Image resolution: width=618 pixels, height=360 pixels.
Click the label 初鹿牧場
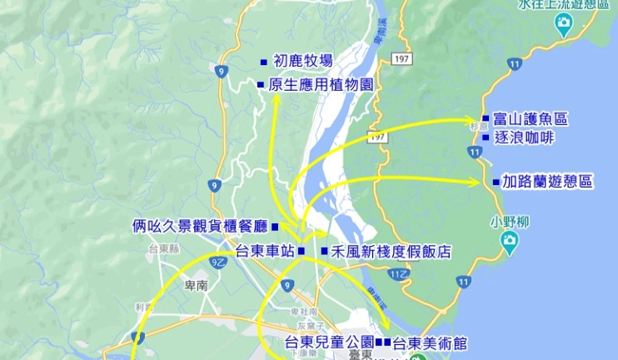coord(303,61)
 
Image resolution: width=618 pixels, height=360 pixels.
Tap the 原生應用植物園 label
coord(320,84)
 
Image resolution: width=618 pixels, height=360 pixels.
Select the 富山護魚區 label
coord(530,120)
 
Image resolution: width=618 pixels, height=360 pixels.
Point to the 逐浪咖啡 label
coord(524,137)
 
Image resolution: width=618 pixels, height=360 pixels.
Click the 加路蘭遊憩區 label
coord(547,182)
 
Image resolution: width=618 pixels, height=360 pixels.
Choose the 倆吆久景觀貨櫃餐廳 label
coord(200,226)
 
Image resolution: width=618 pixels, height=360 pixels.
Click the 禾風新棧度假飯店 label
coord(391,250)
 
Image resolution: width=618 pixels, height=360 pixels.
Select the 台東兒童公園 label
coord(328,342)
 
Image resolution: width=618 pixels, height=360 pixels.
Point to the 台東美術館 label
coord(430,342)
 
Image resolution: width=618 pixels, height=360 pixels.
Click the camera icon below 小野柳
coord(509,242)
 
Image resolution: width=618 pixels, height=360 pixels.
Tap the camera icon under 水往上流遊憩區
coord(564,26)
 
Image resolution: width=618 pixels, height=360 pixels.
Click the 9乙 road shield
coord(218,262)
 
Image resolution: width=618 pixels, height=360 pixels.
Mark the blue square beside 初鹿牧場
coord(263,62)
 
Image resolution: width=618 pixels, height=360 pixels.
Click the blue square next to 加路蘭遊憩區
coord(496,182)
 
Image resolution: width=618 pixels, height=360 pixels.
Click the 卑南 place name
coord(197,284)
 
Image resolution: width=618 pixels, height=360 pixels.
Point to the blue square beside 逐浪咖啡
coord(486,137)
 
